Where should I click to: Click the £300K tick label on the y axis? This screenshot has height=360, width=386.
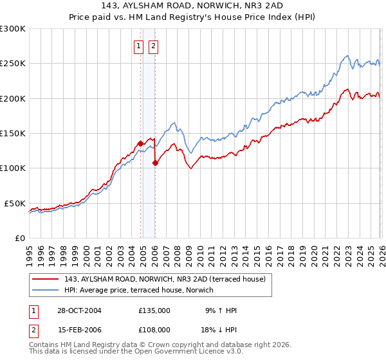[x=13, y=29]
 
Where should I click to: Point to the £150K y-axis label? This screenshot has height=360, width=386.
[x=13, y=134]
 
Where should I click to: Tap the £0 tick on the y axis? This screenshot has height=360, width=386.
[x=20, y=238]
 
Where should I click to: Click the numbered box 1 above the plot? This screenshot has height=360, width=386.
[x=138, y=46]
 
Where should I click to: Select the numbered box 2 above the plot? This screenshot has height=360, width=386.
[x=154, y=46]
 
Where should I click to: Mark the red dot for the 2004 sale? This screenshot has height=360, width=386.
[x=140, y=143]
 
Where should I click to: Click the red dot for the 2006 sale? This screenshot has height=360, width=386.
[x=155, y=163]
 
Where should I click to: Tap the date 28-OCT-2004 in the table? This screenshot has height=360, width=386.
[x=79, y=310]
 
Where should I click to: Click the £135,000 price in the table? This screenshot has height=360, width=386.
[x=154, y=310]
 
